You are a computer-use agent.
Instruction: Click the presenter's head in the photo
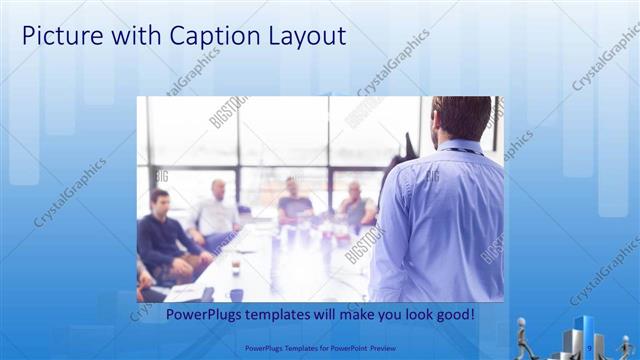tap(461, 118)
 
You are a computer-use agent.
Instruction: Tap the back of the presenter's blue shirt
tap(440, 220)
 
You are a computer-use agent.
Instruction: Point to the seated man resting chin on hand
tap(355, 205)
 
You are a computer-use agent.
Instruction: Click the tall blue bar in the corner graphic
tap(582, 334)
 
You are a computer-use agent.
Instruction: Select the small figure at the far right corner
tap(627, 346)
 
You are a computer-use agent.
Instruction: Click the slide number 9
tap(590, 348)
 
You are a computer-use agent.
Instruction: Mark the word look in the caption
tap(416, 315)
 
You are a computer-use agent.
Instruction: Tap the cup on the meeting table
tap(235, 268)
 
